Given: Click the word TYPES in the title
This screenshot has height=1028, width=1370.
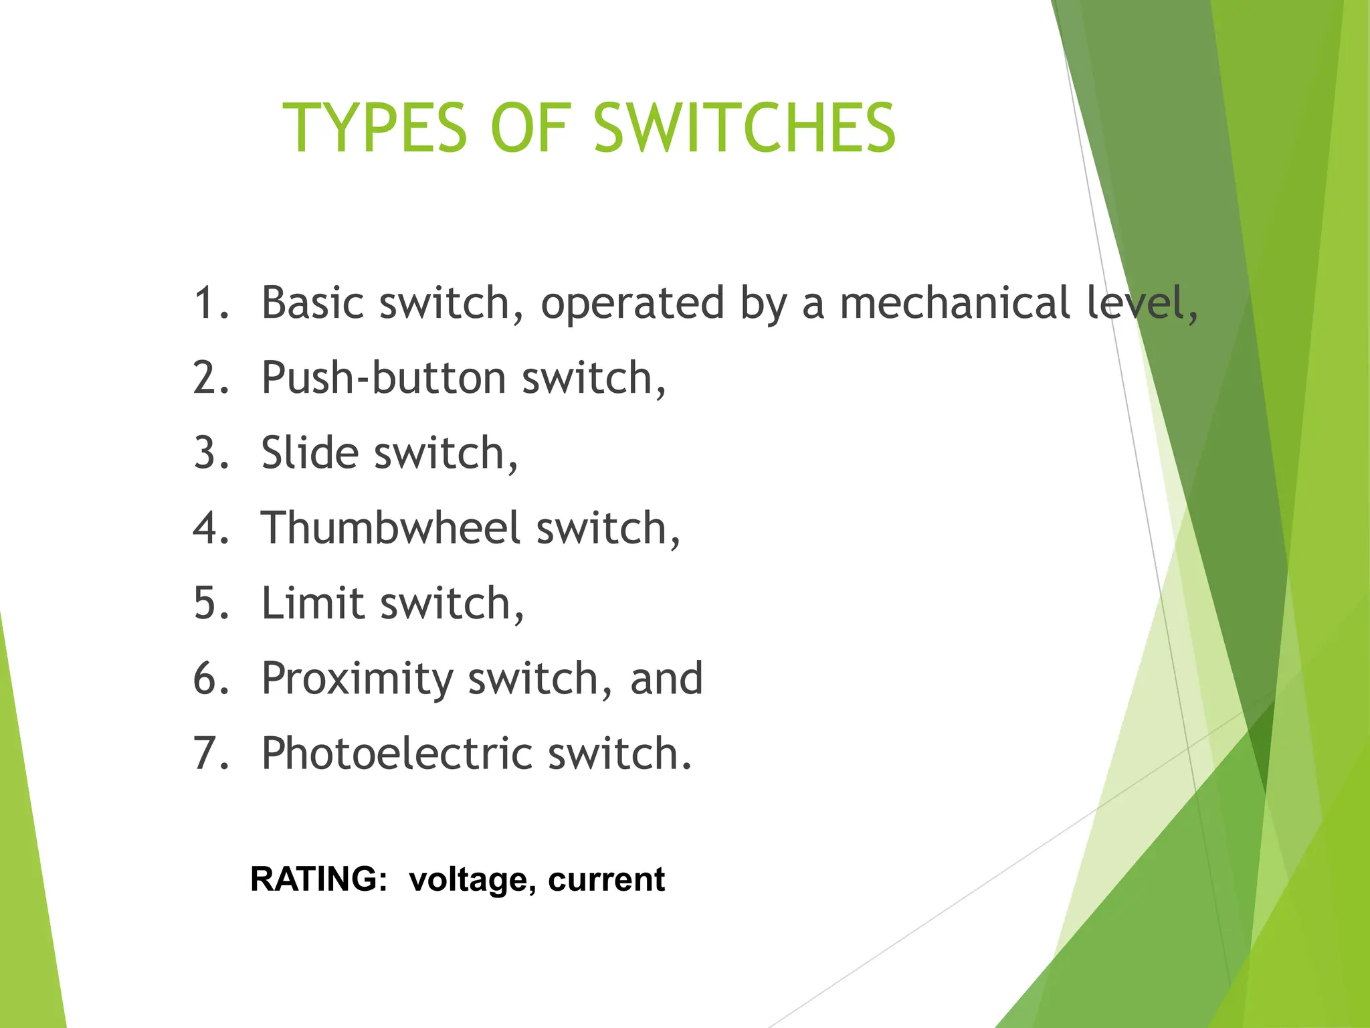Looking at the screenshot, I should point(374,128).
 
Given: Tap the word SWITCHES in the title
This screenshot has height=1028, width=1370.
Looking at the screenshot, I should point(744,128).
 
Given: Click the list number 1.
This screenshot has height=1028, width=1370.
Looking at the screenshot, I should point(209,303).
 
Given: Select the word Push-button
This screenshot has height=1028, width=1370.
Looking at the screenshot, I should point(383,379).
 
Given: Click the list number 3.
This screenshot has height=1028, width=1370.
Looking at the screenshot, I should point(209,454).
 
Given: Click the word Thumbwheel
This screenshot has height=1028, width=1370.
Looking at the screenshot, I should point(390,529).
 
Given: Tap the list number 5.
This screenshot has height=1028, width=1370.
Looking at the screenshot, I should point(209,604).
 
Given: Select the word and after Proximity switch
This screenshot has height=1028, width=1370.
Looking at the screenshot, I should point(666,679).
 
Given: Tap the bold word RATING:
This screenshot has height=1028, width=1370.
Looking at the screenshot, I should point(318,879).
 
